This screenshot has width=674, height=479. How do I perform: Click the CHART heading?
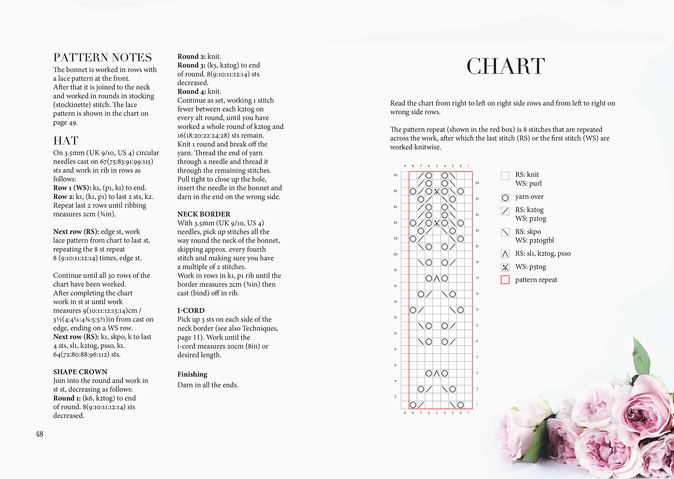506,66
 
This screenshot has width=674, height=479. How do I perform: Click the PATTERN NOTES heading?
102,57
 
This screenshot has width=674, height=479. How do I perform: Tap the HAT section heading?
66,141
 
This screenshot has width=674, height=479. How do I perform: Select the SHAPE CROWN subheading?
80,372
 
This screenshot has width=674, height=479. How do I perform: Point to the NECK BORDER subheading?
204,214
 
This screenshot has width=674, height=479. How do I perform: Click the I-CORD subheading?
191,311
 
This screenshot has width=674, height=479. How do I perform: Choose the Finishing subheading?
192,374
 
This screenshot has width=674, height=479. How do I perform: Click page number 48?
39,434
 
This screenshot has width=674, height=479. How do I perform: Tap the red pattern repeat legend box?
505,280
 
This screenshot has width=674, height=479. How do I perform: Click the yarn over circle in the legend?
505,198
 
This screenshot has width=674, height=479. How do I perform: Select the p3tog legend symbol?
505,267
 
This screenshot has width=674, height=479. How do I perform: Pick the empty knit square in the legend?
505,176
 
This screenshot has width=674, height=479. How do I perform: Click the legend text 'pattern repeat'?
536,280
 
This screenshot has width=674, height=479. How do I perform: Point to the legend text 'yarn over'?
529,197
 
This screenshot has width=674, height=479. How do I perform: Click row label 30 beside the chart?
395,175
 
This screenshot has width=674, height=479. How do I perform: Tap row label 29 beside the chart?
477,183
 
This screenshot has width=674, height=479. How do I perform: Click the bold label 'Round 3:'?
191,65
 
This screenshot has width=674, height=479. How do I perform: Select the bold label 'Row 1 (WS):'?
72,188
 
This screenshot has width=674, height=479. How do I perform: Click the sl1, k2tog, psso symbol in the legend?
505,254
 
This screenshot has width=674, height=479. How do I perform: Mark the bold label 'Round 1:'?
67,398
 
